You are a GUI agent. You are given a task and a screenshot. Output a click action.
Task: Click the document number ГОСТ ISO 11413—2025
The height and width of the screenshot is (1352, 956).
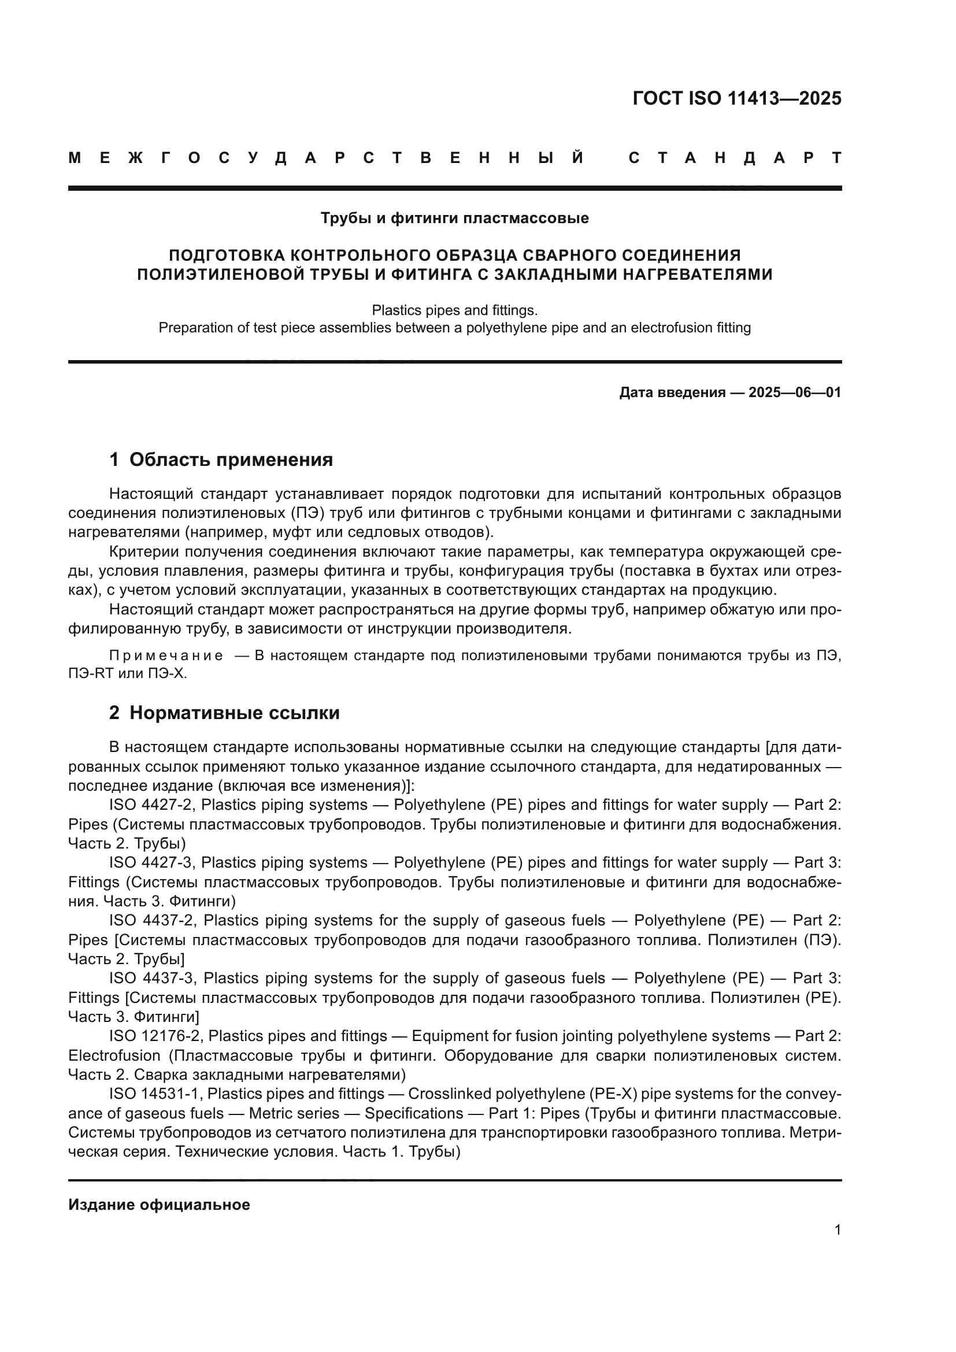(736, 98)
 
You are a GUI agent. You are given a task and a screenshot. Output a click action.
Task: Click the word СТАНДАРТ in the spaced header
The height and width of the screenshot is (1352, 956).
(735, 158)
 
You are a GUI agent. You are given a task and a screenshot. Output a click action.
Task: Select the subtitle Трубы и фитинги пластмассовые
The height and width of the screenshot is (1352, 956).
(454, 218)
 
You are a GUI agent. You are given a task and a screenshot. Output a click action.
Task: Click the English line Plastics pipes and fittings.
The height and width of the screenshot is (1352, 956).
(454, 310)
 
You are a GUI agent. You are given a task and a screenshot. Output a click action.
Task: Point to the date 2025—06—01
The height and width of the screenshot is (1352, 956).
(794, 392)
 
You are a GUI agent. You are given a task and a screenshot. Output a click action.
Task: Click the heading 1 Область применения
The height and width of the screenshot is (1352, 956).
(221, 460)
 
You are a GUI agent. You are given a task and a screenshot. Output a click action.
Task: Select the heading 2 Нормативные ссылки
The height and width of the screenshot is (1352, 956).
(224, 713)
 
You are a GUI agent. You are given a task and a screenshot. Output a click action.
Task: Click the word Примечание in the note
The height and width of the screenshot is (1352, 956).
(166, 656)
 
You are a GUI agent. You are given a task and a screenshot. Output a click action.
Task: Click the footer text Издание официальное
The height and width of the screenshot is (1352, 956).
(159, 1205)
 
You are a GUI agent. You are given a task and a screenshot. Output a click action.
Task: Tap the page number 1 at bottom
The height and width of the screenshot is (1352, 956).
(837, 1229)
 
